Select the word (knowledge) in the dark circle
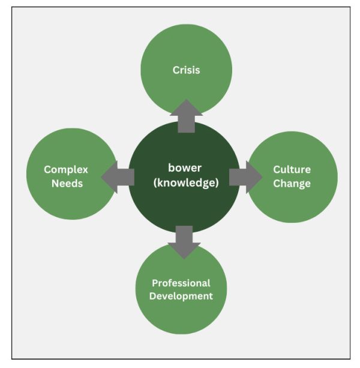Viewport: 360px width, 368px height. pyautogui.click(x=185, y=183)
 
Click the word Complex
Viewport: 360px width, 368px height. pyautogui.click(x=66, y=170)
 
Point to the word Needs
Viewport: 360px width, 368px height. pyautogui.click(x=66, y=184)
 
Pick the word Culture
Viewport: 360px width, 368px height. pyautogui.click(x=292, y=169)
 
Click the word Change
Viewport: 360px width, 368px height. pyautogui.click(x=292, y=184)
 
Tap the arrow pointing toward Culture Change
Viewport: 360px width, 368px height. pyautogui.click(x=245, y=177)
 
